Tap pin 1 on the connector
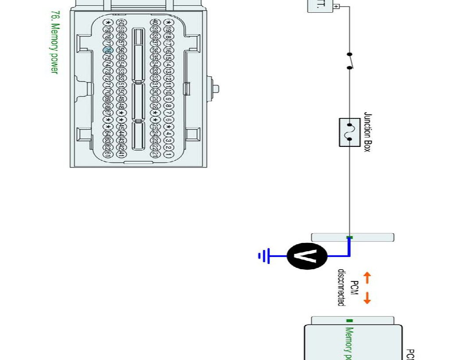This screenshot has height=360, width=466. click(x=167, y=154)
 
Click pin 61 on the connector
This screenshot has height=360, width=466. click(x=107, y=154)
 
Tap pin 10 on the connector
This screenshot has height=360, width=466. click(x=167, y=93)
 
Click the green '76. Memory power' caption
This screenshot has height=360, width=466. click(x=54, y=42)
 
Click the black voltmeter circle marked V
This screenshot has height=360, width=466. click(x=307, y=256)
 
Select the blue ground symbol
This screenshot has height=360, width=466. click(x=264, y=256)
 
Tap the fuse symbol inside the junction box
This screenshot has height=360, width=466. click(x=350, y=132)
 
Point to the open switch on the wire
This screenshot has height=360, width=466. click(x=350, y=61)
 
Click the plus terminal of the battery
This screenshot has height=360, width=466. click(x=337, y=7)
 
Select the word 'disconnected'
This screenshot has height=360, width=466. click(x=341, y=287)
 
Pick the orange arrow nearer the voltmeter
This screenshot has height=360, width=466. click(x=367, y=277)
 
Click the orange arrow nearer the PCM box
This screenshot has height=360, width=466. click(x=367, y=298)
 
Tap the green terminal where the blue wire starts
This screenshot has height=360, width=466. click(x=349, y=238)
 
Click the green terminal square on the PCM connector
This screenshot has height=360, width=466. click(x=349, y=321)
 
